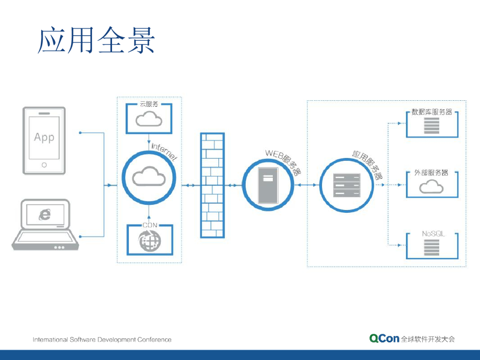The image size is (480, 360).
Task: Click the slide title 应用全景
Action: pos(96,40)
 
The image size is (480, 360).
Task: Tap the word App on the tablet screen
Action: pos(44,137)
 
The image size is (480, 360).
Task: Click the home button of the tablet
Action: pos(44,165)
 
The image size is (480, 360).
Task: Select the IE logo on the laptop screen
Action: pos(45,214)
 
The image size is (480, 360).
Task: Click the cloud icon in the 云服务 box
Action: pos(149,119)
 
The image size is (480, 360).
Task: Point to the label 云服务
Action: pos(149,104)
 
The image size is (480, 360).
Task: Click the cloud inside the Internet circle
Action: pos(149,178)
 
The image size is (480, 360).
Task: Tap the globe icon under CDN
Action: pos(149,241)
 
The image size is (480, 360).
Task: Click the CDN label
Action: pos(149,225)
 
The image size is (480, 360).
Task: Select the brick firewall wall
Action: pos(212,185)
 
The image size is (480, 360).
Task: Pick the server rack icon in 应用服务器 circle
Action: pos(347,185)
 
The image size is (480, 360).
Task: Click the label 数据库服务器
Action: pos(432,112)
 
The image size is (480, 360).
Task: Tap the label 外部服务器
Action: pos(431,172)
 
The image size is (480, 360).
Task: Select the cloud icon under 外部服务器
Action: pos(431,187)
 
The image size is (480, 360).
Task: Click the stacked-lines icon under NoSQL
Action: pos(431,247)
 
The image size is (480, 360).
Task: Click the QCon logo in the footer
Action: pos(384,338)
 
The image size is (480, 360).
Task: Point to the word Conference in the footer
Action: pos(154,339)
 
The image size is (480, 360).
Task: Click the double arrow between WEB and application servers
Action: pos(307,185)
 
